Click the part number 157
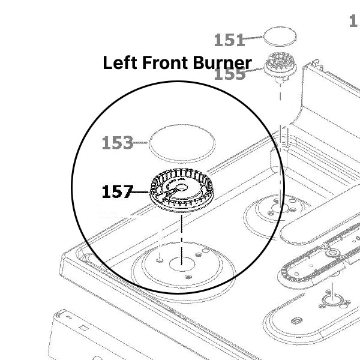pyautogui.click(x=117, y=192)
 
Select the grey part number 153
pyautogui.click(x=117, y=143)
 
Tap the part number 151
pyautogui.click(x=229, y=40)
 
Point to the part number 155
pyautogui.click(x=229, y=74)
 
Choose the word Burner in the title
pyautogui.click(x=221, y=63)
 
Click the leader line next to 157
pyautogui.click(x=140, y=193)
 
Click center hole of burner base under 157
pyautogui.click(x=180, y=262)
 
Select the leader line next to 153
pyautogui.click(x=140, y=143)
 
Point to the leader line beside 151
pyautogui.click(x=254, y=38)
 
